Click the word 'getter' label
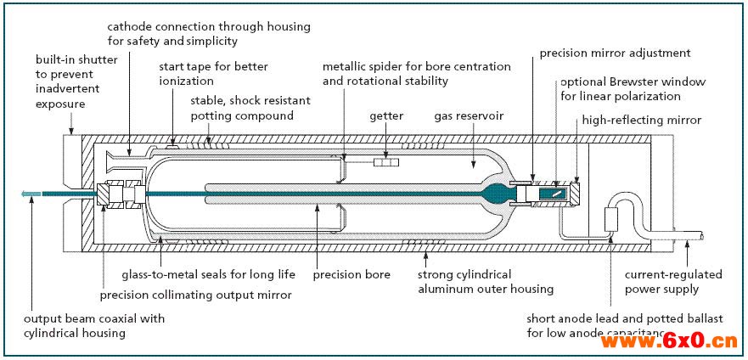click(386, 115)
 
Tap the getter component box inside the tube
click(386, 163)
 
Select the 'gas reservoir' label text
click(469, 115)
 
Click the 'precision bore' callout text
click(352, 274)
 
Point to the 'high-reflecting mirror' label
click(642, 121)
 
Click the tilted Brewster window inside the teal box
click(554, 194)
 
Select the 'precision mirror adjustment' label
click(615, 53)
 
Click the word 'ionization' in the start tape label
click(186, 81)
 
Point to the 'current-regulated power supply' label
click(673, 282)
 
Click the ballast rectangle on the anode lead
click(611, 220)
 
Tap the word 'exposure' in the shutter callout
click(59, 104)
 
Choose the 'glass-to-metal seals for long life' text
click(209, 274)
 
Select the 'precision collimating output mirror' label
click(195, 295)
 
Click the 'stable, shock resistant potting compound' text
click(250, 109)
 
